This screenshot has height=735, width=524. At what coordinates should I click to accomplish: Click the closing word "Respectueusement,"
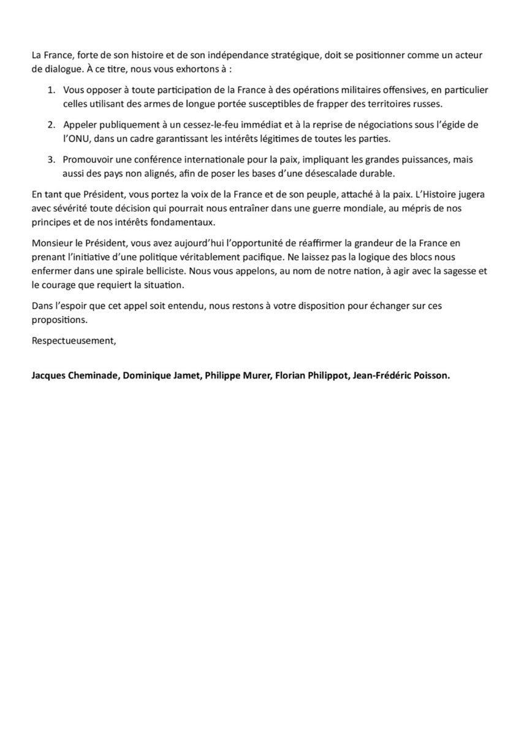74,342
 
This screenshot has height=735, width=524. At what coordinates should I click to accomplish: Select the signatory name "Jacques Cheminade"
74,377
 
